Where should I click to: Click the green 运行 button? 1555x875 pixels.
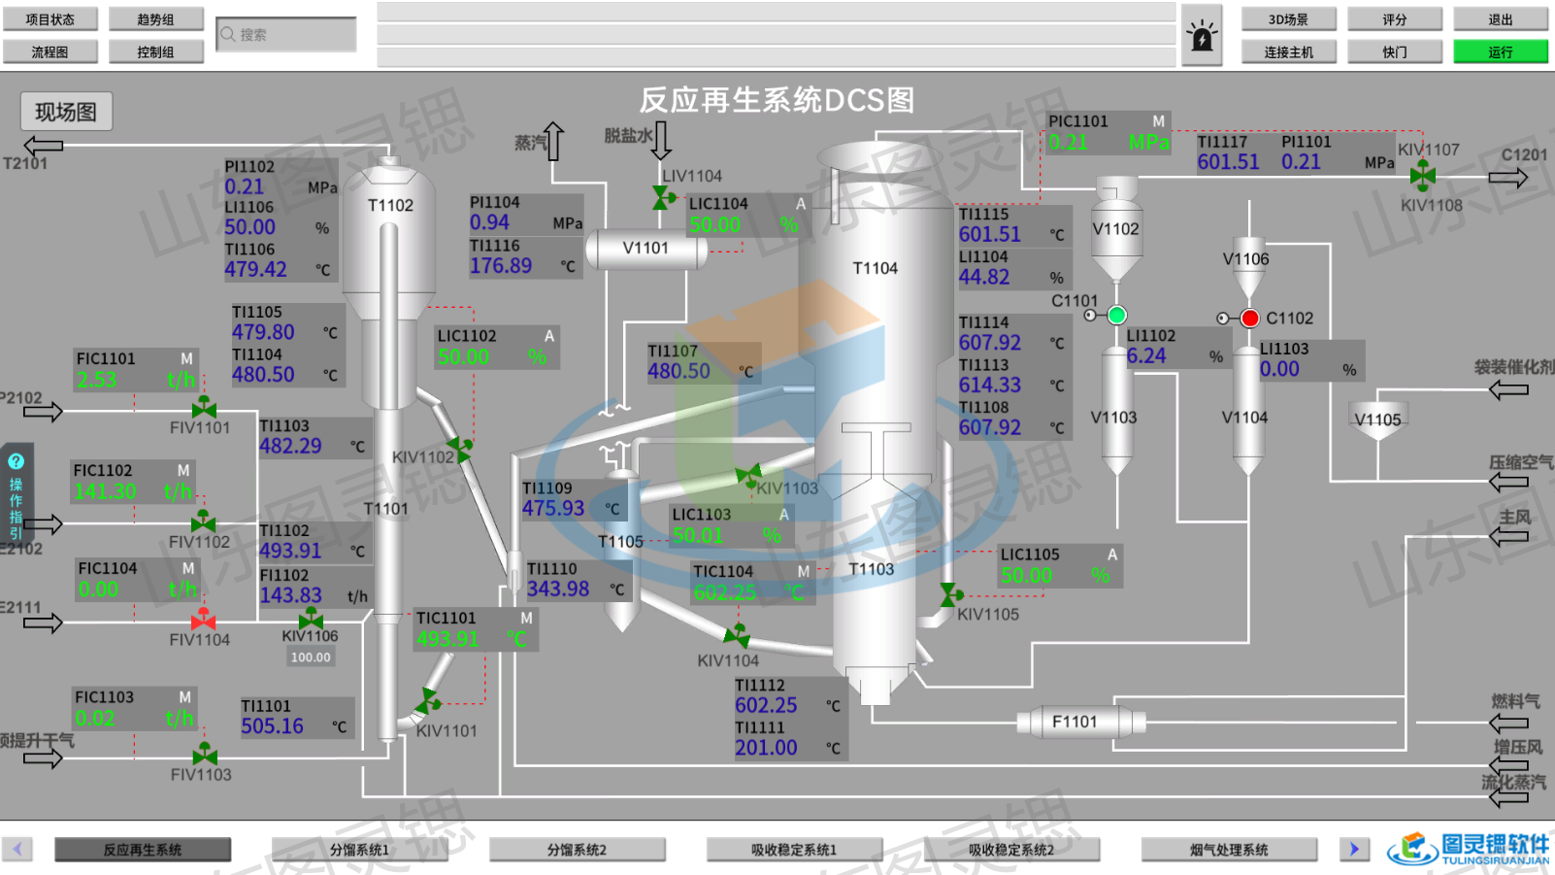coord(1500,51)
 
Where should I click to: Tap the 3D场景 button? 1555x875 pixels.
coord(1288,19)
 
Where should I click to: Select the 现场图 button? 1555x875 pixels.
coord(66,112)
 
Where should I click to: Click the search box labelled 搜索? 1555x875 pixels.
coord(286,35)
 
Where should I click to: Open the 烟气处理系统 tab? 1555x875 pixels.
coord(1229,850)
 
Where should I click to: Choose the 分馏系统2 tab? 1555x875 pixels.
coord(577,850)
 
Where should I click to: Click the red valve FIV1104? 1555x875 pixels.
coord(203,619)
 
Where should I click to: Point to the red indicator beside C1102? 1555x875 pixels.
coord(1250,318)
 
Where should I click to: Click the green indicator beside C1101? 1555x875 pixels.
coord(1117,315)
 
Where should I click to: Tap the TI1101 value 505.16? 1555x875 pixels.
coord(273,726)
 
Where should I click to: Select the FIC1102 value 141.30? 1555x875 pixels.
coord(106,491)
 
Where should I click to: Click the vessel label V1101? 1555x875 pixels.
coord(645,249)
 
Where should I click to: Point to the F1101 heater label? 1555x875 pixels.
coord(1075,722)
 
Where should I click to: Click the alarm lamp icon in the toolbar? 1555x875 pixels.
coord(1202,37)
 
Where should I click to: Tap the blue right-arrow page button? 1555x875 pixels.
coord(1354,849)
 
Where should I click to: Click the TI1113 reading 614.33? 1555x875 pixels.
coord(990,386)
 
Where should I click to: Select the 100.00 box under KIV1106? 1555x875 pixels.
coord(311,657)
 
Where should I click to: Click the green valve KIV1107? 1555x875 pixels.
coord(1423,175)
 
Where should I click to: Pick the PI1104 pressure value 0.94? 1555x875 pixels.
coord(490,222)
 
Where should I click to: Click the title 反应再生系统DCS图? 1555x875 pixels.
coord(777,100)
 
